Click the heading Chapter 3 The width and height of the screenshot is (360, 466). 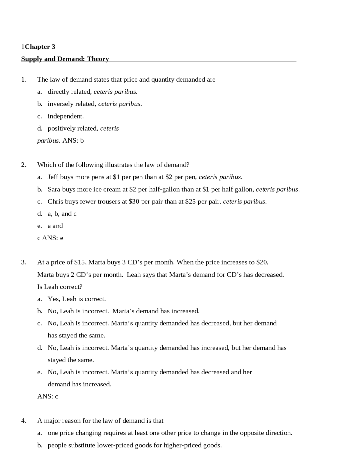point(40,47)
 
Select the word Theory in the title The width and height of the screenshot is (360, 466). point(98,59)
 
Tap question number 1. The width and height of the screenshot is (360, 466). point(24,80)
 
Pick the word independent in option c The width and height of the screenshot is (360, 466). point(65,116)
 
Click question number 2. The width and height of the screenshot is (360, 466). point(24,165)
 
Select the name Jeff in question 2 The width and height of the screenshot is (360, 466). point(53,177)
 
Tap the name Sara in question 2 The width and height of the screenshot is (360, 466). point(54,189)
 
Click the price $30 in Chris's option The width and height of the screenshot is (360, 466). point(134,201)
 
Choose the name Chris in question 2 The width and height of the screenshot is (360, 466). point(55,201)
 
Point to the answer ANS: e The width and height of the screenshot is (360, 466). point(53,238)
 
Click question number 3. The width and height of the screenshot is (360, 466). point(24,262)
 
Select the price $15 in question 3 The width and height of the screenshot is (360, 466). point(80,262)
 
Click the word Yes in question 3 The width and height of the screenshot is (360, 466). point(53,299)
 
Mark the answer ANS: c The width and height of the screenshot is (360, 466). point(48,396)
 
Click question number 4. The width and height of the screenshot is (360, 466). point(24,421)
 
